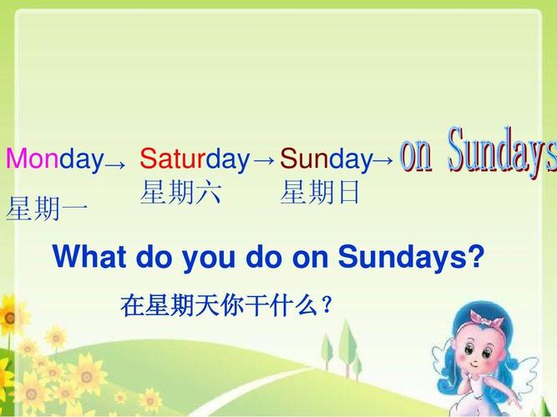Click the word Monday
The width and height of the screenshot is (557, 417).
pyautogui.click(x=55, y=159)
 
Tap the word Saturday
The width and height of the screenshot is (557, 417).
pyautogui.click(x=195, y=159)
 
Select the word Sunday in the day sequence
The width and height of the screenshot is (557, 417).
pyautogui.click(x=327, y=159)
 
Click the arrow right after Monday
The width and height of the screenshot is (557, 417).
pyautogui.click(x=115, y=165)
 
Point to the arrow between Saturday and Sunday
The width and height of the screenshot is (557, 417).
pyautogui.click(x=265, y=160)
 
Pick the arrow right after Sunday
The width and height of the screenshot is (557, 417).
pyautogui.click(x=383, y=160)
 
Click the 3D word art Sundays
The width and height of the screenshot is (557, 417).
pyautogui.click(x=502, y=152)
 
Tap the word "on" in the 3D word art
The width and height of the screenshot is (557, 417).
pyautogui.click(x=416, y=155)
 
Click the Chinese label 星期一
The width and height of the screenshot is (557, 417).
pyautogui.click(x=47, y=208)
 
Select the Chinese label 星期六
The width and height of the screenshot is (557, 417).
pyautogui.click(x=180, y=192)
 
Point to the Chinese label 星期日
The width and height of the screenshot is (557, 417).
pyautogui.click(x=320, y=192)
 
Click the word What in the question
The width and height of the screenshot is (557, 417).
pyautogui.click(x=89, y=256)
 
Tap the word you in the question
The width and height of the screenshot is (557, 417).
pyautogui.click(x=209, y=259)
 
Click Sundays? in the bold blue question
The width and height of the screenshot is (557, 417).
pyautogui.click(x=411, y=257)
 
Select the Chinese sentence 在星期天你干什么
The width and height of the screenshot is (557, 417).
pyautogui.click(x=226, y=305)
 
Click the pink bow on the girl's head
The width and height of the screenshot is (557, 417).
pyautogui.click(x=486, y=318)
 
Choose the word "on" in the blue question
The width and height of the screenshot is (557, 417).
pyautogui.click(x=310, y=259)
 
